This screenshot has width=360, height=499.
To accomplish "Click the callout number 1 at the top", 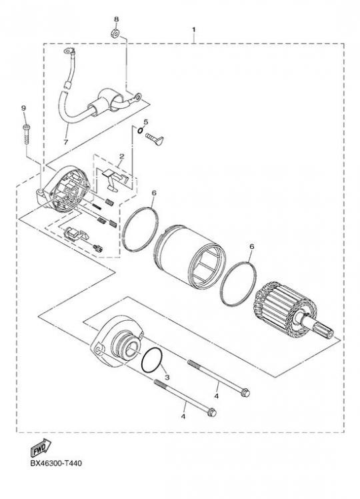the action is click(194, 29).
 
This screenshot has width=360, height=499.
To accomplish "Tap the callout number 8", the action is click(117, 19).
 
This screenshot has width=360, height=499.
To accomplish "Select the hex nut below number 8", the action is click(115, 33).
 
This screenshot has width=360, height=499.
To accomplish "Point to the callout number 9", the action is click(23, 108).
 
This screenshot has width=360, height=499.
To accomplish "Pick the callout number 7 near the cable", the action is click(65, 142).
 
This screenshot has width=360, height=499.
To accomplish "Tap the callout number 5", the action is click(145, 121).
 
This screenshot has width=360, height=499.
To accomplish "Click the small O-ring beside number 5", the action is click(140, 130).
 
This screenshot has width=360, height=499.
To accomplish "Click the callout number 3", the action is click(167, 378).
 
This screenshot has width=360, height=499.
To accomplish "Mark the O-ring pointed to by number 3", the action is click(153, 360).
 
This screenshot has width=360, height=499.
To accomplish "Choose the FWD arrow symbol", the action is click(41, 447).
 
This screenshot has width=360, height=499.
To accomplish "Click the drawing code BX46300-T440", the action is click(56, 463).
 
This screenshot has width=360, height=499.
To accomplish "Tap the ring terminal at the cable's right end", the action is click(138, 95).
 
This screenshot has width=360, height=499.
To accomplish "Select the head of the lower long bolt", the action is click(212, 412).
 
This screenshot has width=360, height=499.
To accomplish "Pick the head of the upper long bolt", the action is click(245, 393).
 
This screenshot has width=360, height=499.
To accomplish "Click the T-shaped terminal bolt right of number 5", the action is click(155, 138).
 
